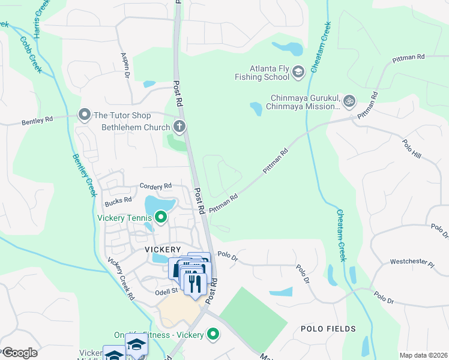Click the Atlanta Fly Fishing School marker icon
(298, 73)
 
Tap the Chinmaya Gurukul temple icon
(351, 100)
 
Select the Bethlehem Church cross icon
(179, 127)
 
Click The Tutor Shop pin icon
(85, 115)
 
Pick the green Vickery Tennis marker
(160, 217)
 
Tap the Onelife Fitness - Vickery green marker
(212, 334)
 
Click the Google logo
(20, 353)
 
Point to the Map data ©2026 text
(423, 355)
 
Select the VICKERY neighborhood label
(163, 249)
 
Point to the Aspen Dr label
(126, 65)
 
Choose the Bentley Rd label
(37, 119)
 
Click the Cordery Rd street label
(155, 185)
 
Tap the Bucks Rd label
(118, 200)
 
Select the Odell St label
(167, 291)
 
